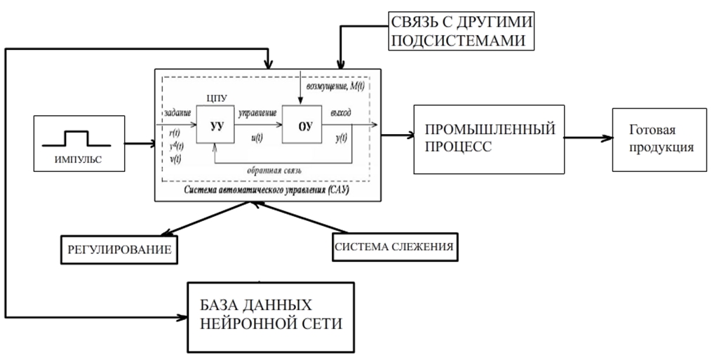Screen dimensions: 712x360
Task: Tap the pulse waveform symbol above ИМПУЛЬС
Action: coord(76,139)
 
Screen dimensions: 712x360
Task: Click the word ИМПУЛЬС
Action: coord(78,159)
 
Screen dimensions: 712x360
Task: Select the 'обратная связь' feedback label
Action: coord(274,171)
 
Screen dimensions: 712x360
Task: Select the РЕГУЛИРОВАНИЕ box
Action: coord(119,250)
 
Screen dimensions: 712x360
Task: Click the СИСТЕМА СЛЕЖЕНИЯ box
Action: coord(394,247)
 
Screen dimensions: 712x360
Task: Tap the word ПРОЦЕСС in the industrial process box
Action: coord(458,148)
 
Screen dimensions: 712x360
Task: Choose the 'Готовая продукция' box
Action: coord(659,140)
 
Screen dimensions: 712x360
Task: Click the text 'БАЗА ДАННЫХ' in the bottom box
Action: coord(256,305)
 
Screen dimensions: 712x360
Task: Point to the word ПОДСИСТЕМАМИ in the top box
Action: coord(457,41)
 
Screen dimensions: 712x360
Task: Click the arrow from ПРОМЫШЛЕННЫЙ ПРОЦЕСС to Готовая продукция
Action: coord(589,138)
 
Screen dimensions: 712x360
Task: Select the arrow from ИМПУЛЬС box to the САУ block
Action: coord(140,144)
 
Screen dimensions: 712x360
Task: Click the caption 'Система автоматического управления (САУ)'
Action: coord(267,190)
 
